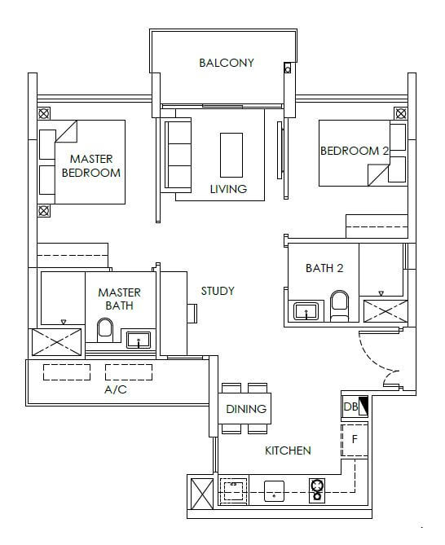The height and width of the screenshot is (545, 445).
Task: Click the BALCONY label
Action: [x=227, y=63]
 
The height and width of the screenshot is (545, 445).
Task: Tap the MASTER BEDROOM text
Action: [x=91, y=166]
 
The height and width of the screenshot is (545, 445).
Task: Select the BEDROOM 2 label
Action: [x=355, y=151]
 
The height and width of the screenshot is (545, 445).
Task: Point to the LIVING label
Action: [x=228, y=189]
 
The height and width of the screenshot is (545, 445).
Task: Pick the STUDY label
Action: [x=218, y=291]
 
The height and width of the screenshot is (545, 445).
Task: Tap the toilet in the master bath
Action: [x=105, y=330]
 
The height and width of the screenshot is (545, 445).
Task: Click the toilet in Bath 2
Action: [x=339, y=305]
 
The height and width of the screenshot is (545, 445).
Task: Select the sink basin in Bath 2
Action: [x=306, y=310]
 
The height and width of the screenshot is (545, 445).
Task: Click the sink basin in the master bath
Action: [x=139, y=340]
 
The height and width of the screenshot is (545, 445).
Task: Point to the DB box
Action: [x=355, y=407]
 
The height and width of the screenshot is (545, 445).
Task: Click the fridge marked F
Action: [x=355, y=440]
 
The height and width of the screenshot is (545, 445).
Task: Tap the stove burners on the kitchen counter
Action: [x=317, y=490]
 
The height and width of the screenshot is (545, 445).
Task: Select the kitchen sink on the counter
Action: [x=274, y=491]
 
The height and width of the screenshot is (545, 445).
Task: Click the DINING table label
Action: [x=246, y=409]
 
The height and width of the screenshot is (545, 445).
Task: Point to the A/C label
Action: [x=116, y=389]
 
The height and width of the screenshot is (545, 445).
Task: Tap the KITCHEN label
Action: [x=288, y=451]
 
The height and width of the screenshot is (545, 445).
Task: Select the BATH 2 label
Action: [x=324, y=268]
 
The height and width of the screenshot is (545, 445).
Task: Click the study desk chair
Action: [x=192, y=314]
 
